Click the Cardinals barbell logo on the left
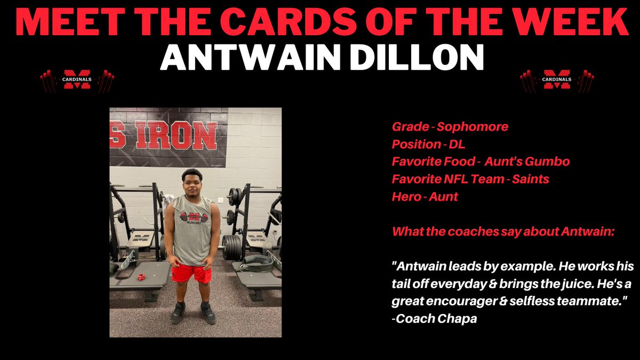[77, 81]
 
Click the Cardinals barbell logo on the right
[557, 81]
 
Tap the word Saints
[530, 179]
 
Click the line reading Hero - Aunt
[425, 197]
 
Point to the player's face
[191, 184]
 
